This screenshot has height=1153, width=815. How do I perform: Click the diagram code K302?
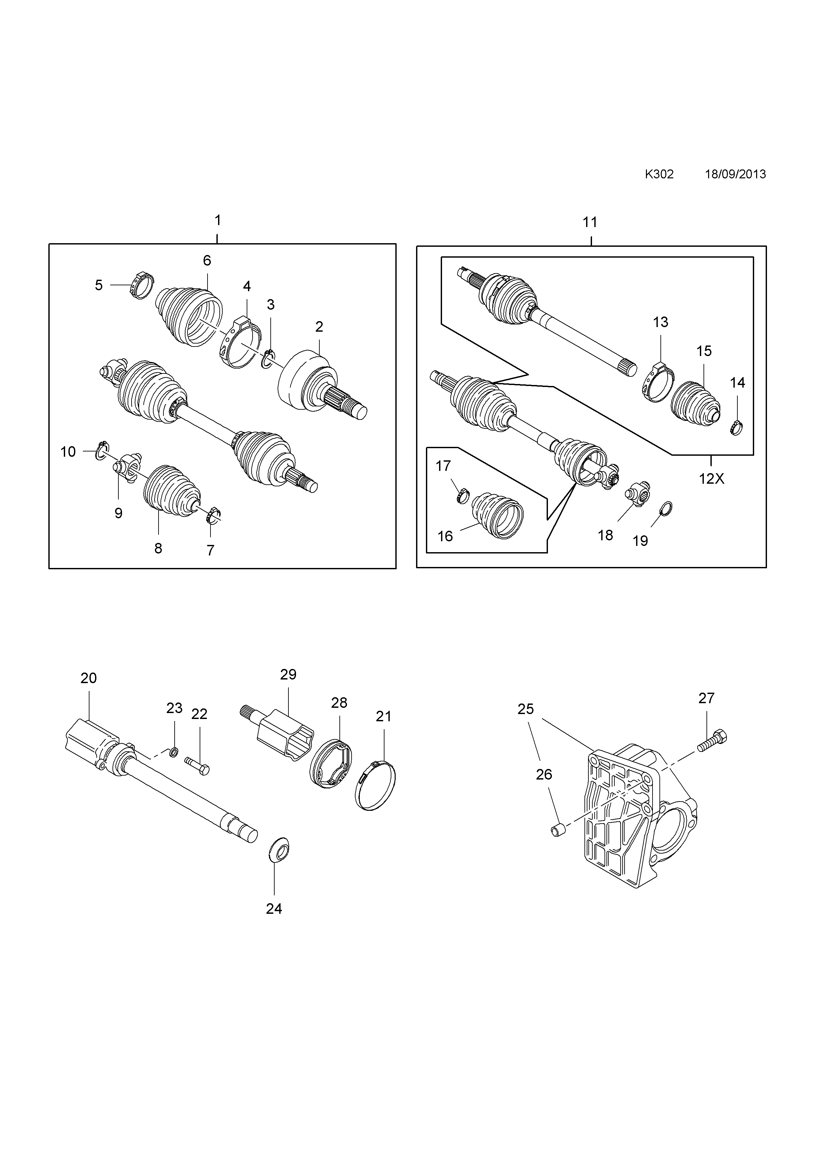[659, 174]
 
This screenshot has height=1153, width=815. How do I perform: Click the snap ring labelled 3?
[268, 358]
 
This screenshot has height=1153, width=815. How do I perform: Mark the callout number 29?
[288, 675]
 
